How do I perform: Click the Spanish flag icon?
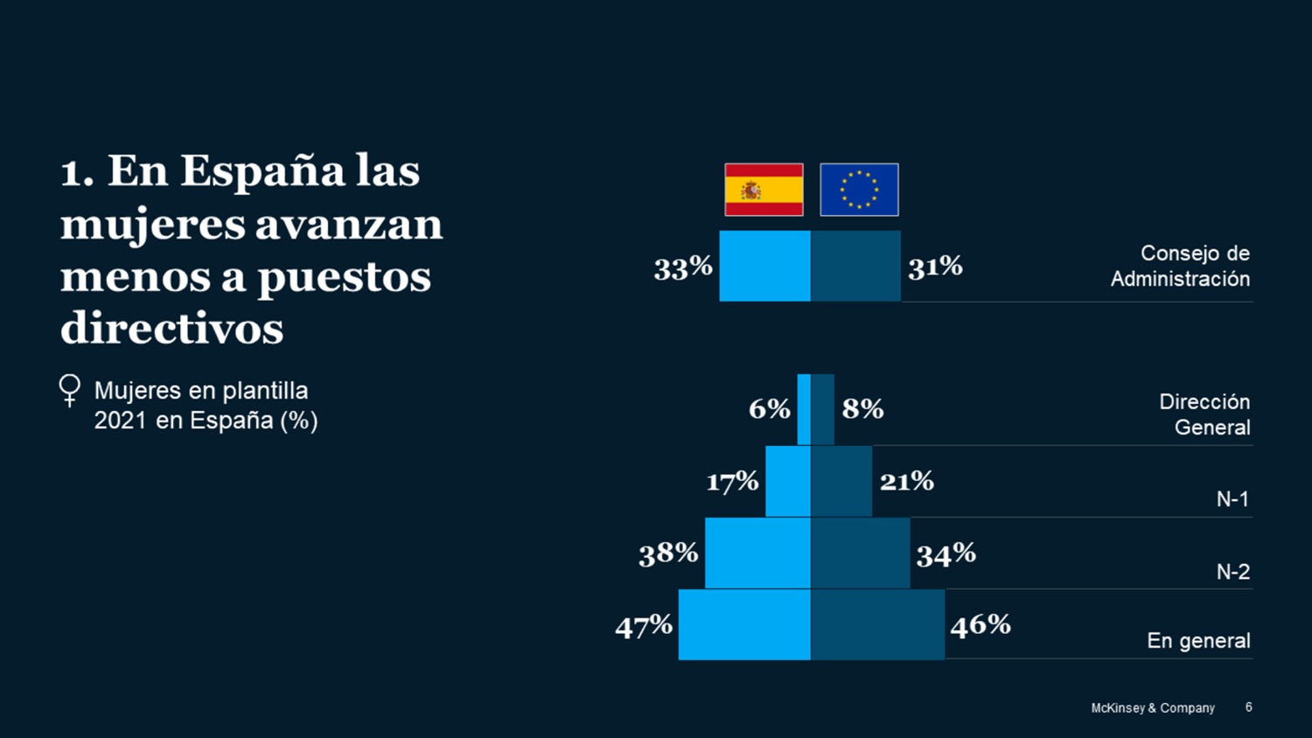[764, 190]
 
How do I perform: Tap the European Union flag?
[859, 190]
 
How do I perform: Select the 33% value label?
[683, 268]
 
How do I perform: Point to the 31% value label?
[935, 267]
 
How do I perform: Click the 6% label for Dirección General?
[770, 409]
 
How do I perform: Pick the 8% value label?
[862, 409]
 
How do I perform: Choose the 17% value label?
[732, 482]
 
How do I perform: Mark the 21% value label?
[907, 481]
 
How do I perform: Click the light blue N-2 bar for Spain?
[757, 553]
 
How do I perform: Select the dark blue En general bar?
[877, 624]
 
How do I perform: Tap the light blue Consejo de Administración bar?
[764, 266]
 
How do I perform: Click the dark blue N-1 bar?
[841, 481]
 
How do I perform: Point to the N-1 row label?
[1232, 499]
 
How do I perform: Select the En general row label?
[1198, 641]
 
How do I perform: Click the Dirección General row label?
[1204, 414]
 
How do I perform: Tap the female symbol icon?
[70, 391]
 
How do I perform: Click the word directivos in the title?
[172, 329]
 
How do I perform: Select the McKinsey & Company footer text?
[1152, 708]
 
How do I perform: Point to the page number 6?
[1248, 707]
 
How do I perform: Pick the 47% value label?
[644, 626]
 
